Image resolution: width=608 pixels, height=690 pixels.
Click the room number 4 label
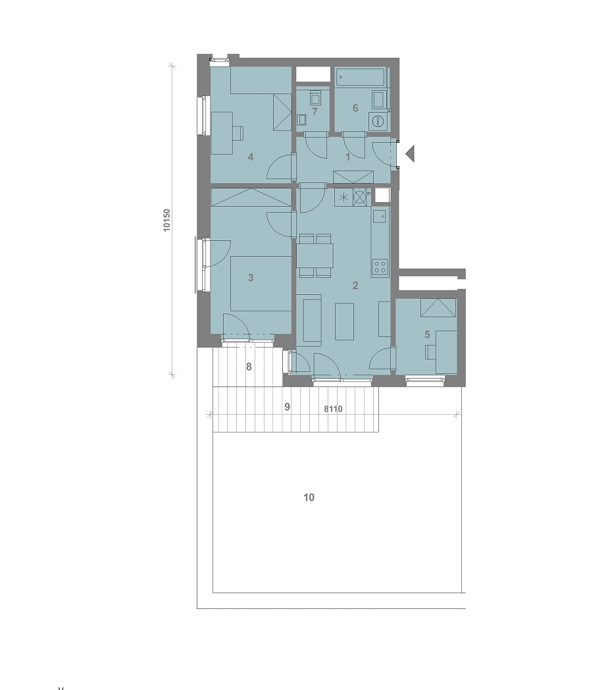[x=251, y=157]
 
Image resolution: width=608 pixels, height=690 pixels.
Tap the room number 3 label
[x=251, y=277]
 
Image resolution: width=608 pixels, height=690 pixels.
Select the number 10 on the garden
[x=309, y=497]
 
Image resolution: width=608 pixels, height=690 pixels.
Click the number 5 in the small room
[x=427, y=334]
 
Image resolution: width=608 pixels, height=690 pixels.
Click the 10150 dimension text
[x=166, y=220]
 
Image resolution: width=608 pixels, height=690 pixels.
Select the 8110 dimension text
[x=333, y=409]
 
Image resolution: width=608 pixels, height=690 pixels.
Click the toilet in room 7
[x=315, y=97]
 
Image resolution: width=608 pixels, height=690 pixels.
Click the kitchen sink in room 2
[x=379, y=216]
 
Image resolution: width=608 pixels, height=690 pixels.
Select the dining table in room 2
[x=315, y=255]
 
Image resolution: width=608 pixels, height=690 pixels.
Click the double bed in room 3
[x=261, y=284]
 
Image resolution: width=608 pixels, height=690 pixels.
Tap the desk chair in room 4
[x=238, y=133]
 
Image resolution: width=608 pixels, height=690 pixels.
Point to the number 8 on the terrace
[x=249, y=367]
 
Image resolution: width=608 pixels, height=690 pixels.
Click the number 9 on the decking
[x=288, y=407]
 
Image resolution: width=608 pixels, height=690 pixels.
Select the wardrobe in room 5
[x=438, y=307]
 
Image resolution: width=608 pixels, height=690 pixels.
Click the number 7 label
[x=315, y=112]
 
